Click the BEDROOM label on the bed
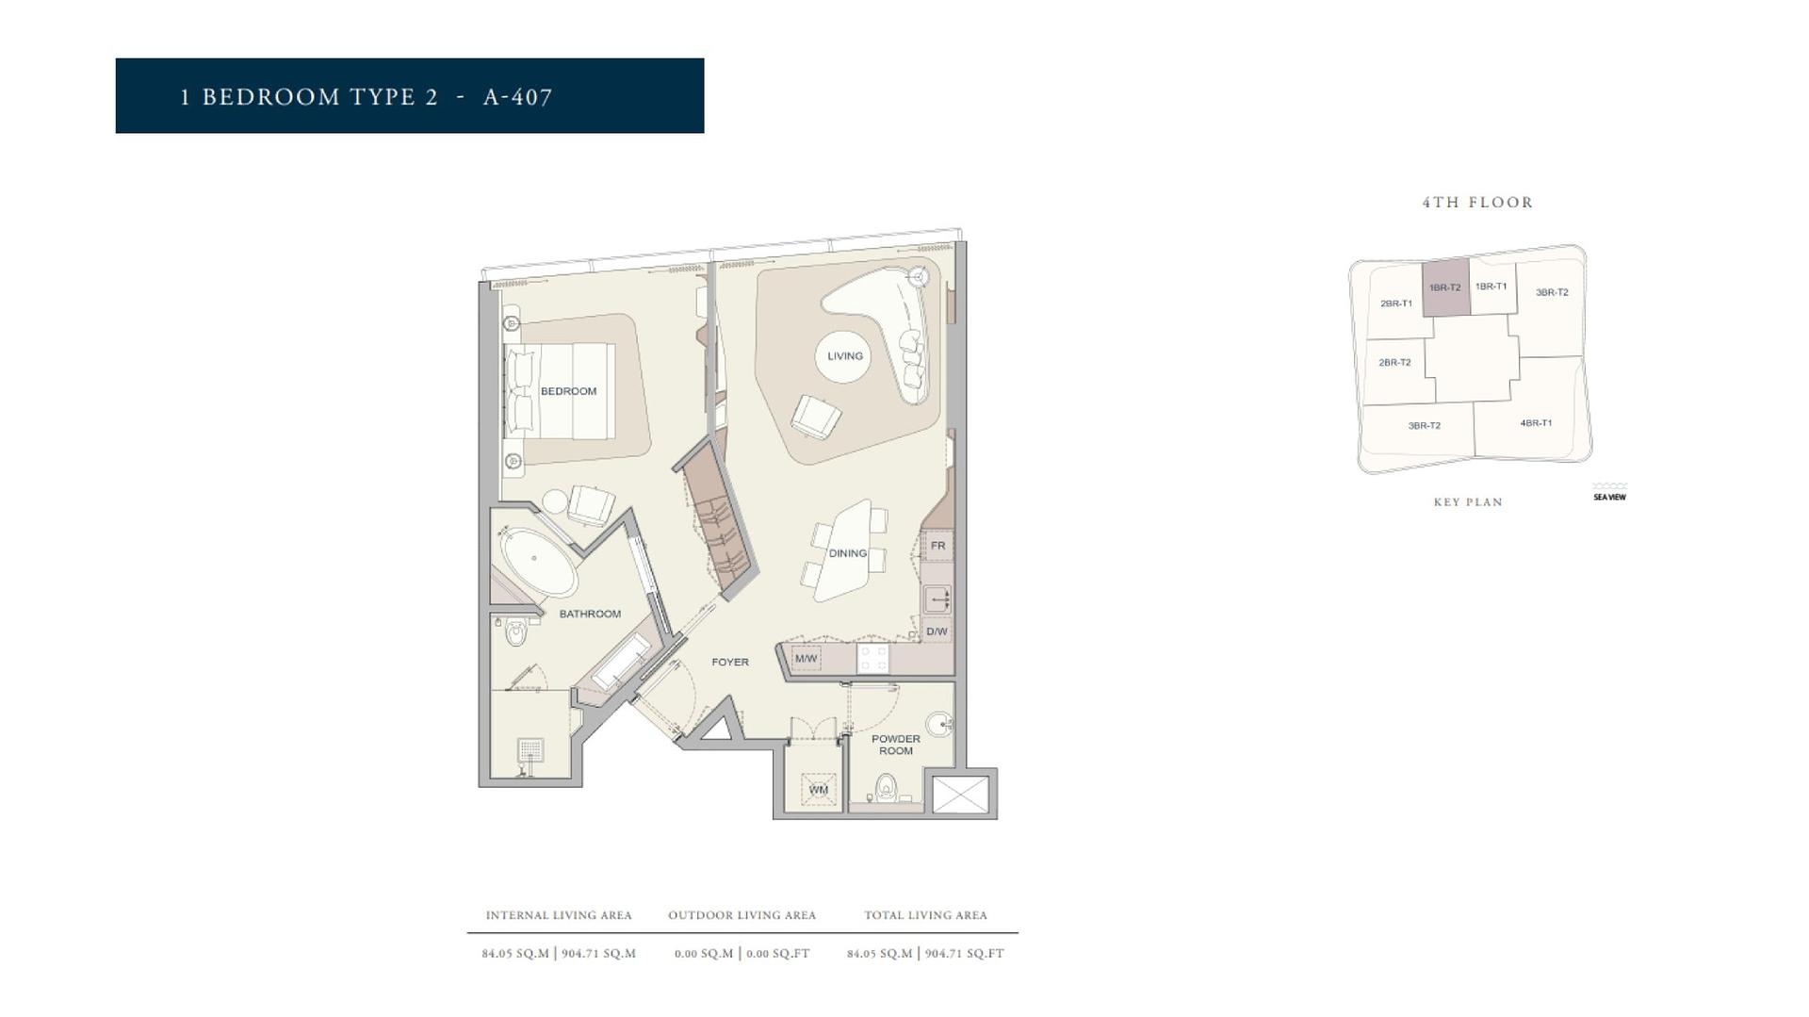tap(568, 391)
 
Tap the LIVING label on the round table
tap(844, 356)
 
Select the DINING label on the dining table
tap(847, 553)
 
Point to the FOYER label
tap(730, 663)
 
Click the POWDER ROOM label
tap(895, 745)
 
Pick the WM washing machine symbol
tap(818, 790)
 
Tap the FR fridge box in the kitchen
tap(937, 546)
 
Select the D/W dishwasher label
tap(937, 632)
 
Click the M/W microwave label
tap(806, 659)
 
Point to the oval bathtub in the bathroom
tap(534, 562)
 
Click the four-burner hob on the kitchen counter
tap(872, 658)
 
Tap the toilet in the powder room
tap(886, 787)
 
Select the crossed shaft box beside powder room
tap(960, 795)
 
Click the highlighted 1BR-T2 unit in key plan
tap(1444, 287)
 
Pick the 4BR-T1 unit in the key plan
tap(1535, 423)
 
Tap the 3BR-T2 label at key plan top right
tap(1552, 292)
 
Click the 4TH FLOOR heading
tap(1477, 203)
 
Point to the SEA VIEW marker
tap(1609, 496)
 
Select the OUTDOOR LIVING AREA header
tap(742, 915)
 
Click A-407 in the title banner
tap(517, 97)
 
